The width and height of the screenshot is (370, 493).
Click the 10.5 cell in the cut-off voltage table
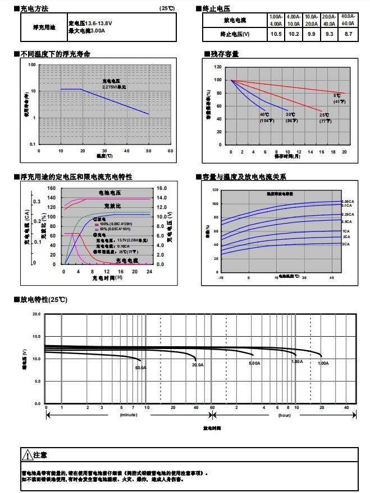(276, 34)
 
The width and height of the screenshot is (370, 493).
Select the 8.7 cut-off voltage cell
(348, 34)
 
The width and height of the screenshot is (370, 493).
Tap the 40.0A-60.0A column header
(348, 20)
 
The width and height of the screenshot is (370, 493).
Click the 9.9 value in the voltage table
(311, 34)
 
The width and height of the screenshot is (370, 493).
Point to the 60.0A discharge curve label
(140, 368)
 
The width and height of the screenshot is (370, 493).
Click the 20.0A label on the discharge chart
(198, 365)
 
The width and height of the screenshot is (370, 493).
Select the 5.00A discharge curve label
(254, 364)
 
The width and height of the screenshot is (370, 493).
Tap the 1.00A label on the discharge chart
(323, 363)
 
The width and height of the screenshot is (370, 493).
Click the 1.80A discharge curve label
(297, 361)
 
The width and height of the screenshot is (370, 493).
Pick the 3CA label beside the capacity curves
(346, 244)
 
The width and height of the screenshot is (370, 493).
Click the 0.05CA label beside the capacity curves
(347, 201)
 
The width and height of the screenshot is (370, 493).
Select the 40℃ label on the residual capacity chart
(264, 115)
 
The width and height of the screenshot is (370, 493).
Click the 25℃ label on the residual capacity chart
(325, 115)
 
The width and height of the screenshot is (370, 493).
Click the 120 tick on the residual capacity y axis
(218, 66)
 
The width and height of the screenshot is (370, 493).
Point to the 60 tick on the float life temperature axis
(170, 151)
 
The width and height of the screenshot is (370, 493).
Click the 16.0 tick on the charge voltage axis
(162, 189)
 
